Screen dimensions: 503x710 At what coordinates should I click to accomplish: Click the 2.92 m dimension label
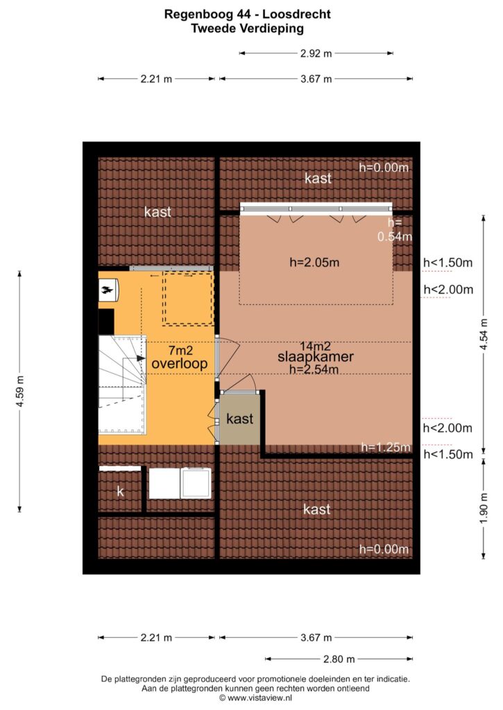(x=316, y=53)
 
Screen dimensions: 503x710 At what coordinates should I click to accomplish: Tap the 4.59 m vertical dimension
(x=20, y=392)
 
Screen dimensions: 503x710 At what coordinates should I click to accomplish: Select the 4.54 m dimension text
(x=484, y=334)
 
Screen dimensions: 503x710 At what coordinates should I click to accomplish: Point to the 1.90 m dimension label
(x=484, y=508)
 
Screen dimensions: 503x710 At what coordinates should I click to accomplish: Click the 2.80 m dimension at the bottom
(x=339, y=659)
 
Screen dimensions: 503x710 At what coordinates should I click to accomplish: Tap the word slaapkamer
(x=316, y=357)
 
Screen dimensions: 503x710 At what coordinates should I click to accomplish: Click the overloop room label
(x=180, y=363)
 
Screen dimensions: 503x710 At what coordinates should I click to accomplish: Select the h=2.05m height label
(x=314, y=262)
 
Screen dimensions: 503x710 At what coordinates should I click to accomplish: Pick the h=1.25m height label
(x=386, y=447)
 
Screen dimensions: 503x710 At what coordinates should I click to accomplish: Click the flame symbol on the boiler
(x=107, y=291)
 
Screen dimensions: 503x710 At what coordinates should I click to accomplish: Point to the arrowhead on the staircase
(x=141, y=358)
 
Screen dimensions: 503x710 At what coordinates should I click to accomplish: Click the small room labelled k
(x=120, y=492)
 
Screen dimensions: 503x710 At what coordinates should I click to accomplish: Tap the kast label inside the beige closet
(x=240, y=419)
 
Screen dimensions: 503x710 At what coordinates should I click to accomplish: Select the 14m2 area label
(x=315, y=347)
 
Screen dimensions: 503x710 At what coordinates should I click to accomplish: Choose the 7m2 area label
(x=180, y=350)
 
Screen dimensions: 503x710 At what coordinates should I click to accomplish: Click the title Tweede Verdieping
(x=248, y=28)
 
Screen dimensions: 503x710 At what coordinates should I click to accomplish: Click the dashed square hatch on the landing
(x=188, y=298)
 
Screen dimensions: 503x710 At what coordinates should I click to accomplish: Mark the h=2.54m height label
(x=314, y=369)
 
